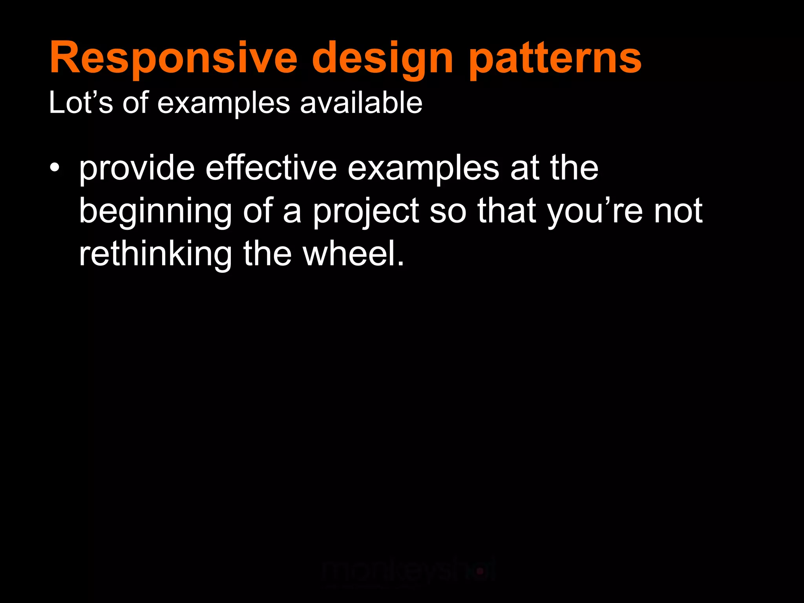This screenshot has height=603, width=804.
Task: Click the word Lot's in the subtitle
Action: (x=80, y=103)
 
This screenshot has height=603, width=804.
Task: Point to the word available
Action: (x=361, y=103)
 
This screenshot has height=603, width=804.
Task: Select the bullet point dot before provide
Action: (x=55, y=168)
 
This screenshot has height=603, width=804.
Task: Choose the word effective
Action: (x=271, y=168)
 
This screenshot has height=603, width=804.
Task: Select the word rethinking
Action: (x=155, y=254)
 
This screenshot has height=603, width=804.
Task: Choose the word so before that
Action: (x=448, y=211)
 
